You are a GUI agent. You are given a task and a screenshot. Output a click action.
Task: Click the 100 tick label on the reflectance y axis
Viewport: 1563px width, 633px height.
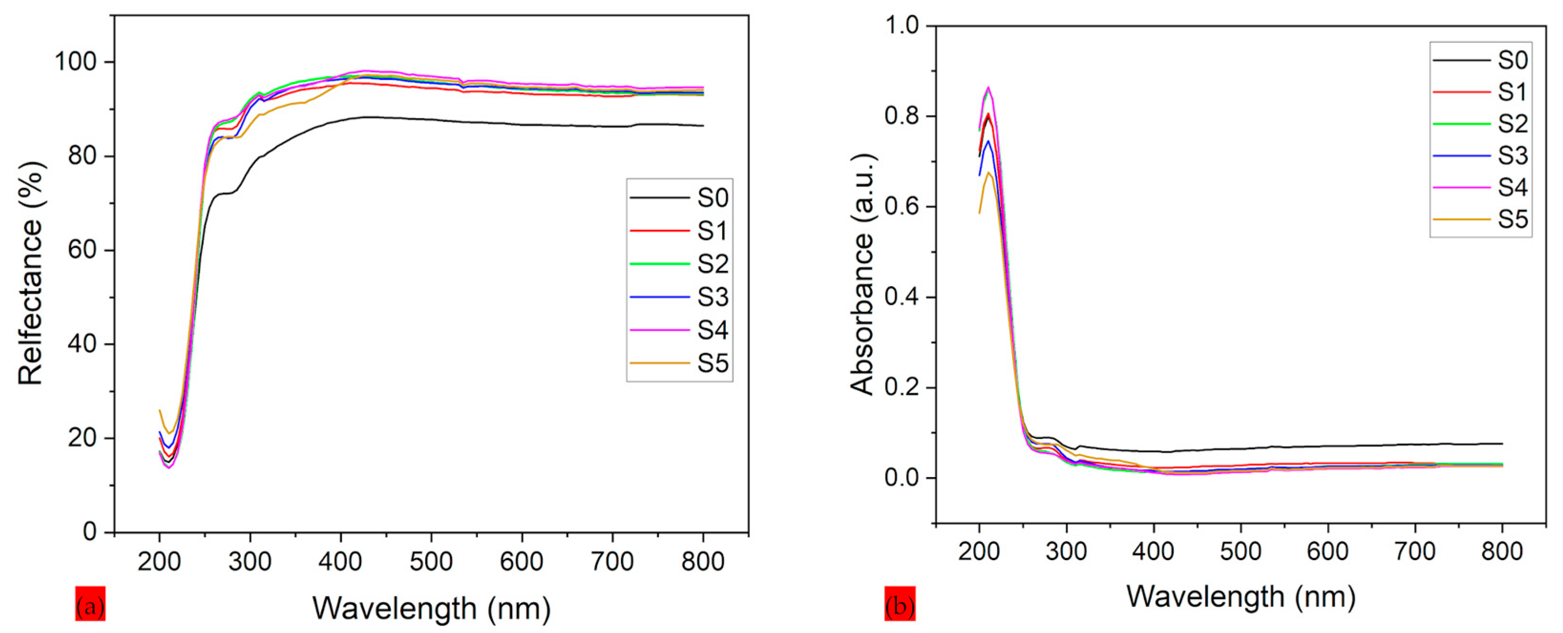pos(75,62)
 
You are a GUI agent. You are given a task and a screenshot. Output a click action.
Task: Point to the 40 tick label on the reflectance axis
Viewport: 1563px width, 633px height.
pos(83,344)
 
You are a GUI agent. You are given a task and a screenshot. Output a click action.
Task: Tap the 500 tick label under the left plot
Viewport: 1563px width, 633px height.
pos(431,561)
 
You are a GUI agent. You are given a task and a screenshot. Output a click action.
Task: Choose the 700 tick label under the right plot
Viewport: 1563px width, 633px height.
pos(1415,551)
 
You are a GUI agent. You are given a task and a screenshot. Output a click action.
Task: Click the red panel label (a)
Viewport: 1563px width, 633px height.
pos(90,604)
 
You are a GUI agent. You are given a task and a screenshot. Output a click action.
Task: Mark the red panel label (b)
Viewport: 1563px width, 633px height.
pos(900,604)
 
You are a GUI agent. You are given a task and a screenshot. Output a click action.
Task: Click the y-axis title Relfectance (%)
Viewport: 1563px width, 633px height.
pos(31,273)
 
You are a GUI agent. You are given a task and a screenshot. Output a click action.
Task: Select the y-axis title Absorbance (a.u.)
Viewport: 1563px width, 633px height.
pos(861,274)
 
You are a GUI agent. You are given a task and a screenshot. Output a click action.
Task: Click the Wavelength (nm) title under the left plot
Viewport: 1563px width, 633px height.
pos(431,608)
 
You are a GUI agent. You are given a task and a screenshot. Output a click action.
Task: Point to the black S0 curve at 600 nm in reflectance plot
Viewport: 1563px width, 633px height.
pos(522,125)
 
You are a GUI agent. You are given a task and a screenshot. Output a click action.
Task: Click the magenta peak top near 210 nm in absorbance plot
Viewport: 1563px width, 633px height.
pos(988,87)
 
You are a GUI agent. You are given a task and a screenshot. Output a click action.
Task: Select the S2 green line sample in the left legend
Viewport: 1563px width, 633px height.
pos(660,264)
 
